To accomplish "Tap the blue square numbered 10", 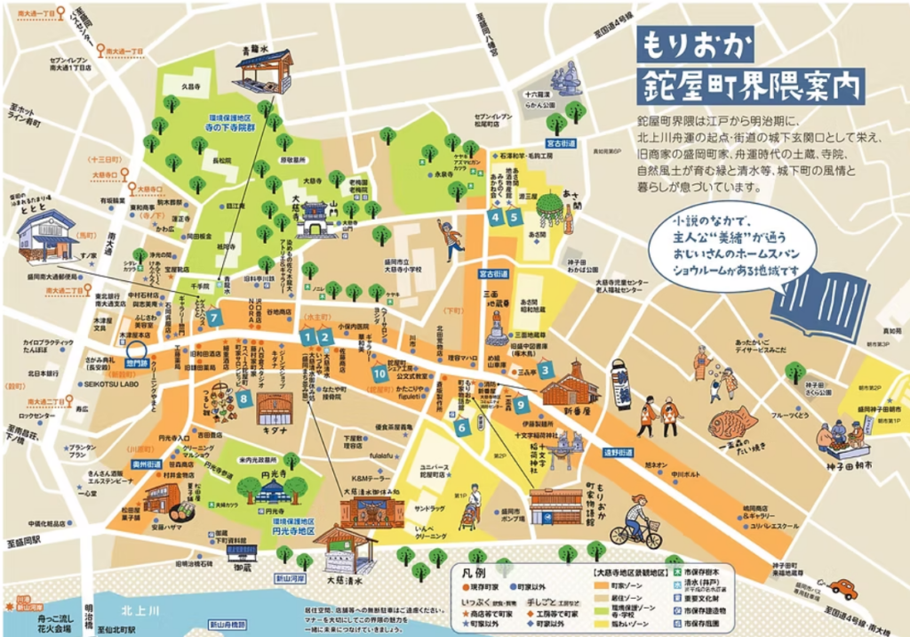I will point(380,373).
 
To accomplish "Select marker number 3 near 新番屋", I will point(547,369).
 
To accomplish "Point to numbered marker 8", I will point(243,399).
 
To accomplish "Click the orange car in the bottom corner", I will point(840,588).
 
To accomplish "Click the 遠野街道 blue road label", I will point(619,452).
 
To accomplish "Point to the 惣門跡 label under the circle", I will point(138,364).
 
